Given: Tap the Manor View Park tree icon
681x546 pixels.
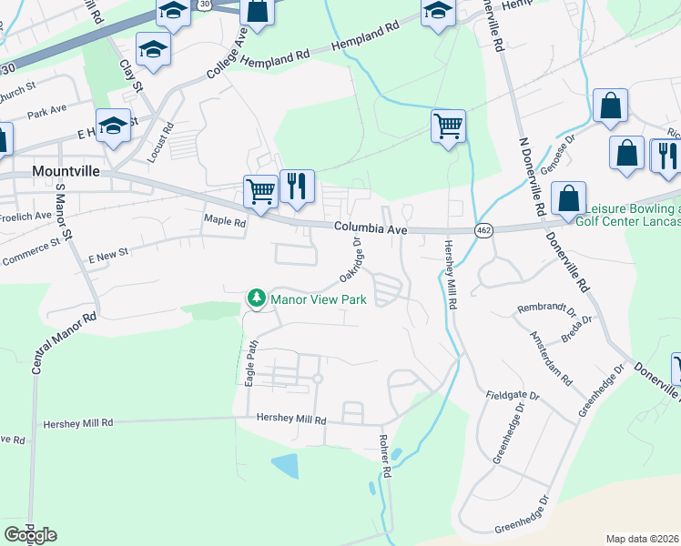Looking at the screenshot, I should [x=258, y=298].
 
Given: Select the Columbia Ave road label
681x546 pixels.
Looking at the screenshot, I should [x=369, y=230].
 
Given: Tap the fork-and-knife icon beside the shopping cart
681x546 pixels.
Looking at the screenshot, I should [x=297, y=187].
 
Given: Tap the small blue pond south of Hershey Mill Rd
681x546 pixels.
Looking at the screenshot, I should [x=286, y=466].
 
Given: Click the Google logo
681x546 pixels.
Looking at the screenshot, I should [x=30, y=535].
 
